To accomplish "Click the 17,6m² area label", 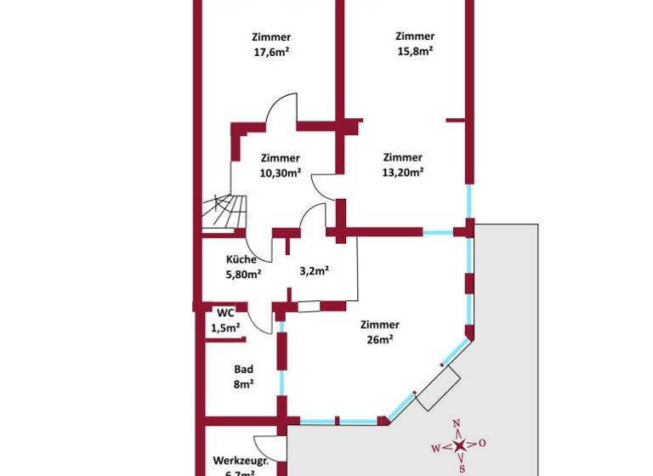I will (x=271, y=51).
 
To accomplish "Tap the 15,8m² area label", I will (x=415, y=50).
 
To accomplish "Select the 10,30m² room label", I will (x=280, y=173).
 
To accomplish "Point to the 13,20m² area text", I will (x=402, y=171).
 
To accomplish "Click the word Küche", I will (x=241, y=259).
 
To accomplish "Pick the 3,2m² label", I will (x=314, y=271).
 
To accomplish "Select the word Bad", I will (x=242, y=370).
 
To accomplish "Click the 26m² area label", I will (x=379, y=339).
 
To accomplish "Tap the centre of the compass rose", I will (x=459, y=445).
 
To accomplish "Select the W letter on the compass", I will (x=436, y=447).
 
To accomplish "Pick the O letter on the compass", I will (x=482, y=443).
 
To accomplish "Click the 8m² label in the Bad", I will (x=242, y=384).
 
